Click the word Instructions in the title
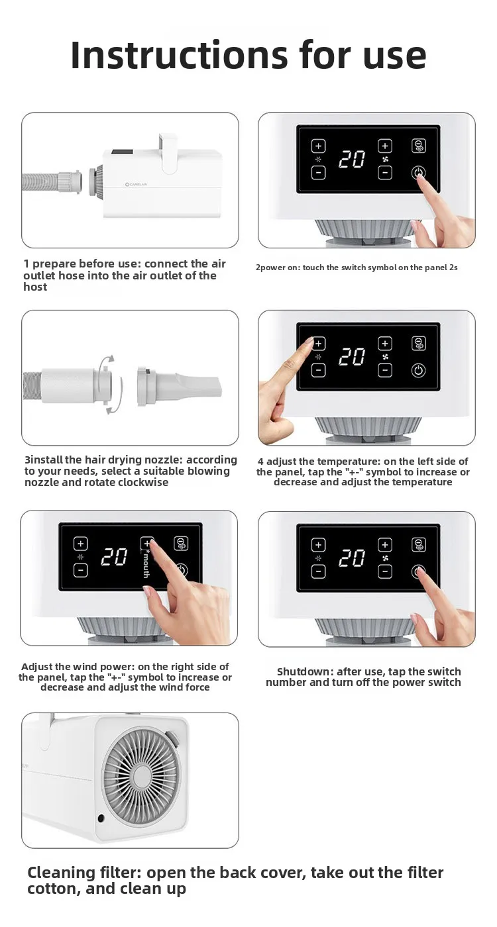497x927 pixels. click(x=180, y=55)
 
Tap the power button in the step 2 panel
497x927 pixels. click(x=418, y=173)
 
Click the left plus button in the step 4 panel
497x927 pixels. click(x=318, y=344)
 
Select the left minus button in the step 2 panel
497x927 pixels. click(x=318, y=172)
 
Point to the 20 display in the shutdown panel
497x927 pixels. click(x=352, y=558)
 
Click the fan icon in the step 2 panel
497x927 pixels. click(x=385, y=159)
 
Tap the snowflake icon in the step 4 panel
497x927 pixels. click(x=318, y=357)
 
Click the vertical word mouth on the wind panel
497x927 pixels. click(x=146, y=565)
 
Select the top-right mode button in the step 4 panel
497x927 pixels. click(x=418, y=344)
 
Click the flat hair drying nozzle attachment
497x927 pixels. click(x=180, y=385)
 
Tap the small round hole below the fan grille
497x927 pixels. click(x=101, y=818)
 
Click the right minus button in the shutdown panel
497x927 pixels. click(x=385, y=571)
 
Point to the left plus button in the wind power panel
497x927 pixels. click(x=80, y=544)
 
